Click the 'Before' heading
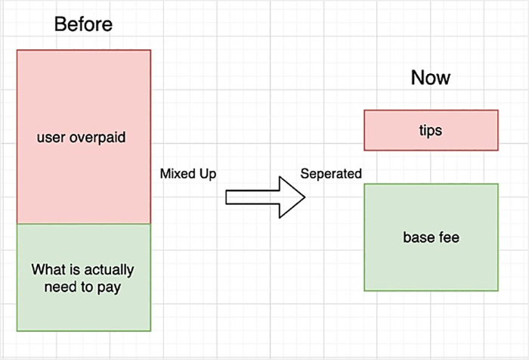83,24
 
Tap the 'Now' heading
431,78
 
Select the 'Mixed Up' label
188,174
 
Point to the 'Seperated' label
331,174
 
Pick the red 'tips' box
431,130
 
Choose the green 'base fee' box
431,237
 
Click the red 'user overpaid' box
84,137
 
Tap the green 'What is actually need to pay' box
84,278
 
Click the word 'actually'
109,270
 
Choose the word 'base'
416,237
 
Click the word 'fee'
447,237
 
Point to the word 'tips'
431,131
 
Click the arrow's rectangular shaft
252,197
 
